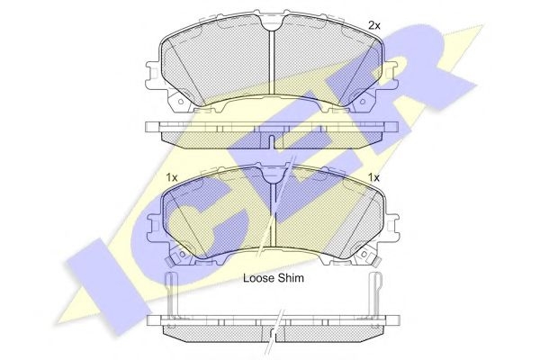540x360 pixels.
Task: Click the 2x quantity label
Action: [374, 25]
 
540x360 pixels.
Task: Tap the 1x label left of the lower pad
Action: [172, 178]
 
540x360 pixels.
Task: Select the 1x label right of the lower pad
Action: [373, 178]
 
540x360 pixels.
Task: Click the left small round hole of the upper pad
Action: [180, 102]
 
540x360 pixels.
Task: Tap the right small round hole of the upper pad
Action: [362, 102]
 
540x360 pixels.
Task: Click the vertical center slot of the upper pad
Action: [272, 62]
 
